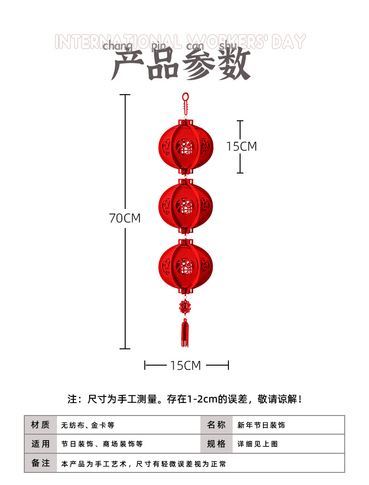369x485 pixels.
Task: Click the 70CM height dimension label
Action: click(x=125, y=218)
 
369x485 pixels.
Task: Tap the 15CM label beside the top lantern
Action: click(x=241, y=146)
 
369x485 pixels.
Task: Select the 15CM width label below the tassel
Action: click(x=185, y=366)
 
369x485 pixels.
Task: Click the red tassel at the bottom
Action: click(x=185, y=333)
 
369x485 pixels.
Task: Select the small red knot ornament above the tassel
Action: click(x=185, y=306)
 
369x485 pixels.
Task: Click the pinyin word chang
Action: click(x=117, y=46)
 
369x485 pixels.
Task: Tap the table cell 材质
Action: click(x=40, y=425)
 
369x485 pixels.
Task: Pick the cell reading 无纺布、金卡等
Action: click(x=88, y=425)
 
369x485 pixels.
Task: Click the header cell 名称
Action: click(x=216, y=425)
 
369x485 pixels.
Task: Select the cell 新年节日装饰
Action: click(x=261, y=425)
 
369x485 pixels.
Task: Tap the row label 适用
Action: click(x=40, y=444)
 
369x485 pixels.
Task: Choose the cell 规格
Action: click(x=216, y=444)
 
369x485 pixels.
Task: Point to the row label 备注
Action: click(x=40, y=463)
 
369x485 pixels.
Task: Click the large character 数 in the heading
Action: click(x=235, y=65)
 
